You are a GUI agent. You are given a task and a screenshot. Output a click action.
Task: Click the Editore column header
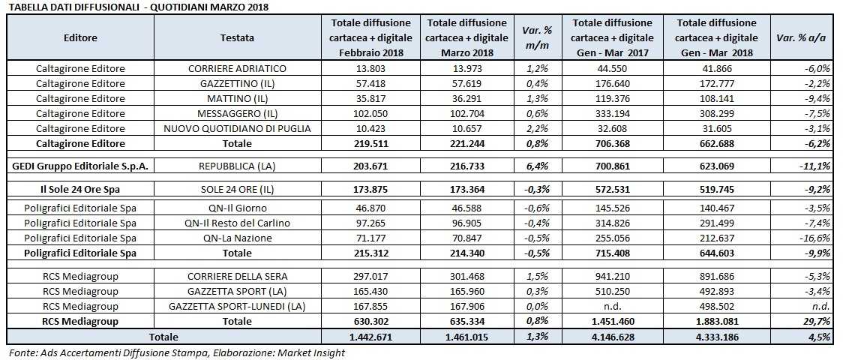pyautogui.click(x=80, y=37)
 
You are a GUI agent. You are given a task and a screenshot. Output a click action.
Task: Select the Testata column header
pyautogui.click(x=237, y=37)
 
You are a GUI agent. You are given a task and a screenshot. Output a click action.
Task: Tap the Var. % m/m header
pyautogui.click(x=537, y=37)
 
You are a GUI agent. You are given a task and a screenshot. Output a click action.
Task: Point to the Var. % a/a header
pyautogui.click(x=802, y=37)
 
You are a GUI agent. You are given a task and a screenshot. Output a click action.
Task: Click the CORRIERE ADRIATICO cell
pyautogui.click(x=237, y=68)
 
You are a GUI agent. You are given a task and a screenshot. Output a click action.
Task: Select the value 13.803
pyautogui.click(x=367, y=68)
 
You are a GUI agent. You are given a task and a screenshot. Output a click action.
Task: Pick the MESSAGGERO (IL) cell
pyautogui.click(x=237, y=113)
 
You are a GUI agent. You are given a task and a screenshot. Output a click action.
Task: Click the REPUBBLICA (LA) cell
pyautogui.click(x=237, y=165)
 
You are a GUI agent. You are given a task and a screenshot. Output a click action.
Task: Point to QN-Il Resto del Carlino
pyautogui.click(x=237, y=223)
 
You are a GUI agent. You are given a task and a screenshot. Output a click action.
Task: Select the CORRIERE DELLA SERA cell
pyautogui.click(x=237, y=276)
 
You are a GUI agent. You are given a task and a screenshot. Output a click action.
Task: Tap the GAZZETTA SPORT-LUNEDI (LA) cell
pyautogui.click(x=237, y=306)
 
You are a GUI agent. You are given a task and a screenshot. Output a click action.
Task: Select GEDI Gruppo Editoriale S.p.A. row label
pyautogui.click(x=80, y=165)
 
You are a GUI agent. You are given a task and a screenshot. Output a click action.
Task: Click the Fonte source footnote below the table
pyautogui.click(x=177, y=352)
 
